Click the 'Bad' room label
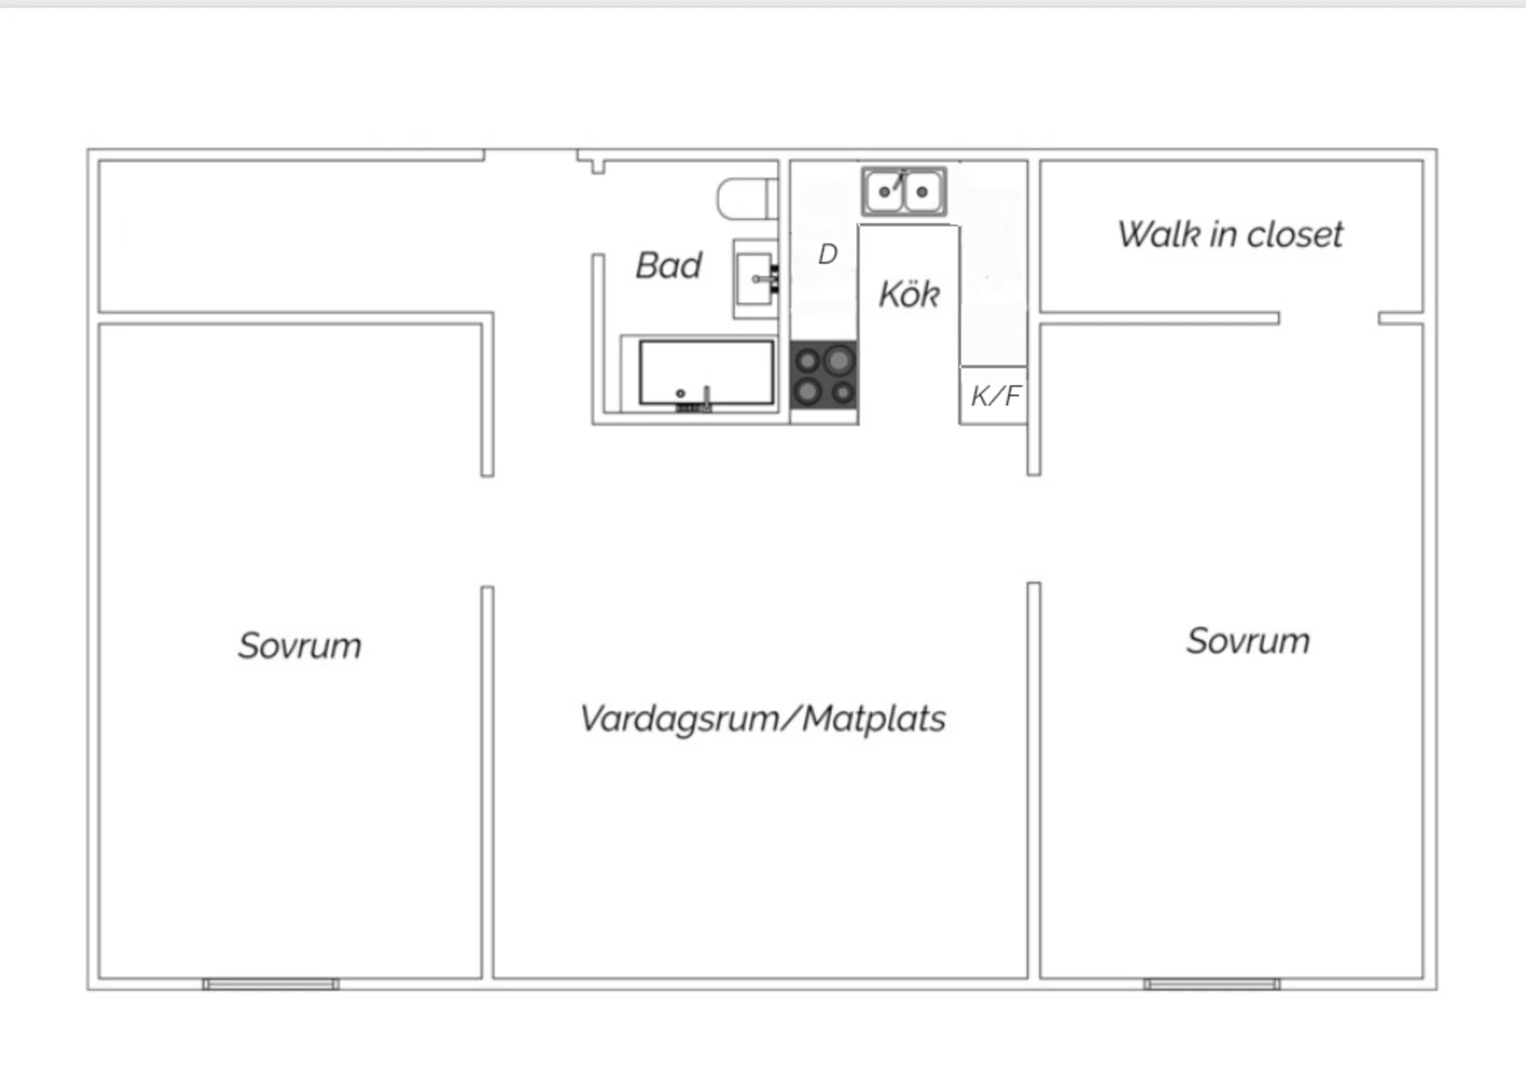coord(668,265)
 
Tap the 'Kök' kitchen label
coord(909,295)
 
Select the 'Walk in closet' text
coord(1230,234)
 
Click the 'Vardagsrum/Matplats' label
coord(762,718)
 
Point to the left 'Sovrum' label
coord(300,645)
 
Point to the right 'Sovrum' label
coord(1248,641)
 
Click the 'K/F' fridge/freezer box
coord(993,395)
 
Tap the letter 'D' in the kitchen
coord(827,254)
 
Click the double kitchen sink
coord(904,192)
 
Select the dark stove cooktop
coord(824,375)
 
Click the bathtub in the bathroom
coord(706,373)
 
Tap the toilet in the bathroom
coord(746,199)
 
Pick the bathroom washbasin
coord(753,279)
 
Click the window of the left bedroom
coord(271,984)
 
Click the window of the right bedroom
coord(1211,984)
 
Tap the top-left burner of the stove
coord(808,362)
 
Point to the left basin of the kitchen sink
coord(884,192)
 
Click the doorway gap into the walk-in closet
coord(1328,318)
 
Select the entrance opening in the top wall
coord(530,155)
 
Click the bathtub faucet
coord(706,396)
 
